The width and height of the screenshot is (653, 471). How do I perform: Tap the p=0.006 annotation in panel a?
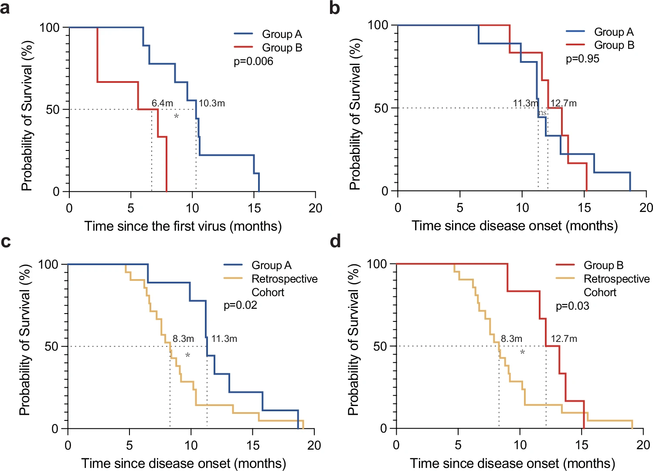[253, 61]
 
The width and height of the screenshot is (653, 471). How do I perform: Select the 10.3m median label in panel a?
[212, 103]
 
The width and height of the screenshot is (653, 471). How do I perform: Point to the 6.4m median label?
[162, 103]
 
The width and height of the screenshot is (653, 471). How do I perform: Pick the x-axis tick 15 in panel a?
[254, 208]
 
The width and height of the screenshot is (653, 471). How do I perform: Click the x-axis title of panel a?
[183, 226]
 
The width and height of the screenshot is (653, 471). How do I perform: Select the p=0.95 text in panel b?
[582, 59]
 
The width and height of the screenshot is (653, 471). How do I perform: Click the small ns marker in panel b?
[542, 113]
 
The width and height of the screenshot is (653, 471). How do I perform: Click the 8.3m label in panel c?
[183, 339]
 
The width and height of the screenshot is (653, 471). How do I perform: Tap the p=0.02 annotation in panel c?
[240, 305]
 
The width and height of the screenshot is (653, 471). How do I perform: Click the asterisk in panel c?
[188, 356]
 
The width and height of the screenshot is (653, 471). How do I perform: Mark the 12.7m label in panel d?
[564, 339]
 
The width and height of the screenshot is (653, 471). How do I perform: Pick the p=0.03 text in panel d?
[572, 306]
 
